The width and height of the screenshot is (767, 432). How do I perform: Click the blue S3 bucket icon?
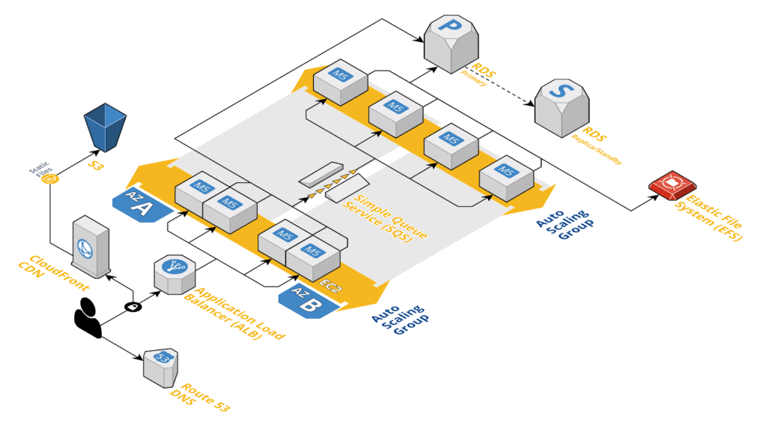point(105,127)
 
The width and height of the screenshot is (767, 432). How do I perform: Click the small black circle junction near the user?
point(132,305)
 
